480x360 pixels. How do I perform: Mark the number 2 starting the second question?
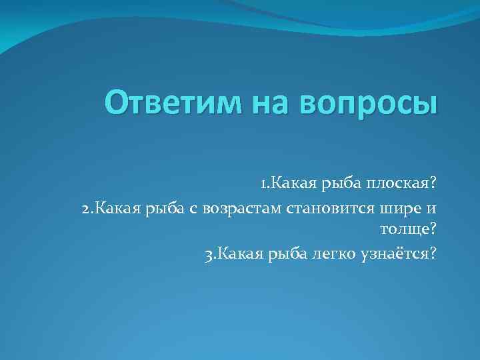point(85,209)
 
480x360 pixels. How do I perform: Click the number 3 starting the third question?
point(209,253)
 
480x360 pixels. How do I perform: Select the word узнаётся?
point(396,253)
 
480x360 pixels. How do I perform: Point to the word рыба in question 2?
point(161,210)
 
